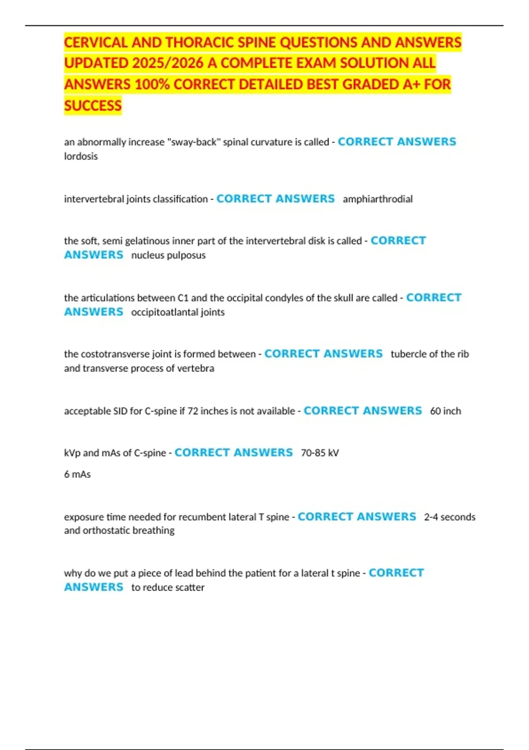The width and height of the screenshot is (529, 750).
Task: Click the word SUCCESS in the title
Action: coord(93,105)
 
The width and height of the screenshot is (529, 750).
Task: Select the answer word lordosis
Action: coord(81,156)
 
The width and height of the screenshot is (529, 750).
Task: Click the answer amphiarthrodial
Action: coord(377,199)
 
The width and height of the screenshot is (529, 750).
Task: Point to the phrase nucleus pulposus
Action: coord(168,255)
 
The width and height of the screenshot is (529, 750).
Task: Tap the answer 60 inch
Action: coord(445,411)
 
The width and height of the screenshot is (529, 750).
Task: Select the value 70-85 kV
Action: coord(320,453)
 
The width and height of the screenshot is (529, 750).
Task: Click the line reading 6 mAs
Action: coord(77,474)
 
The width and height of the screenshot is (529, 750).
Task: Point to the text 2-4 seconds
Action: coord(450,517)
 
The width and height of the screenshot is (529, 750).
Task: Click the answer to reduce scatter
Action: coord(168,587)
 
